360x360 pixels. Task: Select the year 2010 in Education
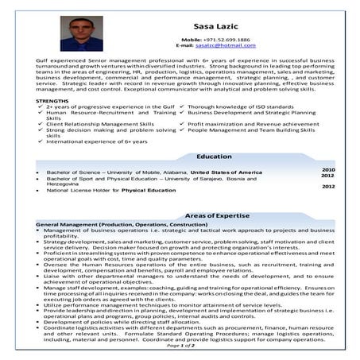click(327, 169)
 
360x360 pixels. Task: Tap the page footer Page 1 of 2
click(180, 346)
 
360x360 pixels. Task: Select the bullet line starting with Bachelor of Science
click(119, 172)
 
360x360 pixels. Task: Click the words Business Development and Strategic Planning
click(252, 113)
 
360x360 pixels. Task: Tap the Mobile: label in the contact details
click(192, 39)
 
